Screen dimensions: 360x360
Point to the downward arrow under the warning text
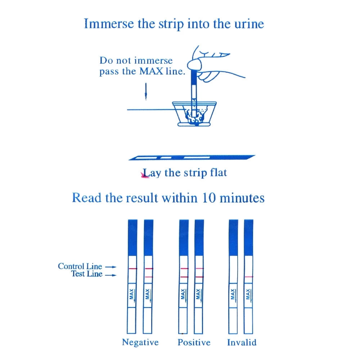(x=146, y=92)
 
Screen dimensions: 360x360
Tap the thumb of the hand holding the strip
(x=197, y=65)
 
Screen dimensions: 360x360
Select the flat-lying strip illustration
(x=191, y=158)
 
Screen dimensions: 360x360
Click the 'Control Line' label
(x=80, y=266)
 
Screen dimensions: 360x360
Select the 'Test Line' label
(x=86, y=274)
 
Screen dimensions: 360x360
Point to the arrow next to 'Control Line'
(x=112, y=267)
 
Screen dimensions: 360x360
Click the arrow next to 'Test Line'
(x=112, y=275)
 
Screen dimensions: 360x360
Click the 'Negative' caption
(x=140, y=342)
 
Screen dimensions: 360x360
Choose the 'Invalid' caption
(x=242, y=342)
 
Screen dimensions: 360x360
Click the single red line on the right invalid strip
(x=248, y=276)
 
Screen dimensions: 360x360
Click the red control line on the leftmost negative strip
(x=132, y=269)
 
